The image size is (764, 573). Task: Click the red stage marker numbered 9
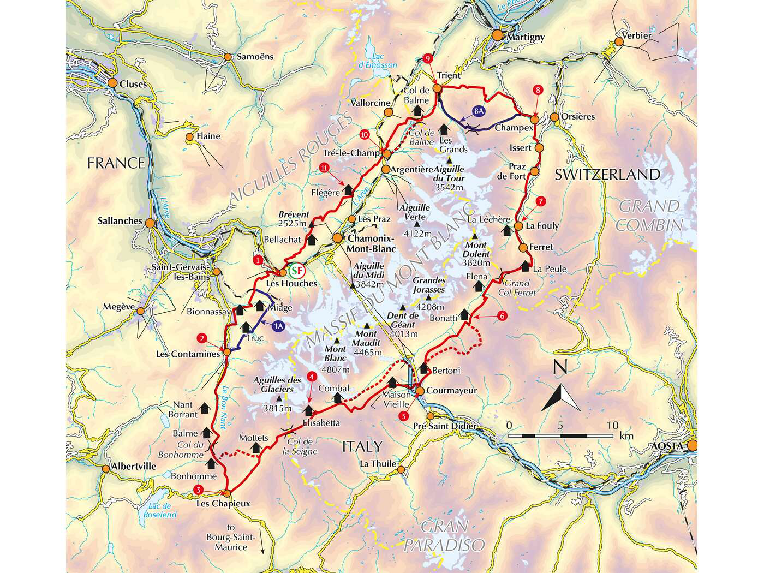(x=428, y=58)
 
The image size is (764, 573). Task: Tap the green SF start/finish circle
(x=296, y=270)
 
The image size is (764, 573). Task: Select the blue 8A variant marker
(x=479, y=111)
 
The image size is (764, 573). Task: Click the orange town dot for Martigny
(x=497, y=35)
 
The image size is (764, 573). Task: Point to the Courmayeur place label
(x=451, y=391)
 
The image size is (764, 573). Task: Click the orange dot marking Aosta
(x=692, y=446)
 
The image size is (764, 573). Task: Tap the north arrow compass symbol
(x=561, y=392)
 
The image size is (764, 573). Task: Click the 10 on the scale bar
(x=612, y=426)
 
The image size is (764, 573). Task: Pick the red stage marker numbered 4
(x=311, y=376)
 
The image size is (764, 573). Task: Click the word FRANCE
(x=116, y=163)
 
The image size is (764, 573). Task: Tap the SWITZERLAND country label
(x=607, y=175)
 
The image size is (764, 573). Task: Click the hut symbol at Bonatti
(x=464, y=314)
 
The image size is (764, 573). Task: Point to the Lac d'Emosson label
(x=378, y=61)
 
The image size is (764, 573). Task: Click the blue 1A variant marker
(x=278, y=326)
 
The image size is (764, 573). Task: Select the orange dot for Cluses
(x=112, y=83)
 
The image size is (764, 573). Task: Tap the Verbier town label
(x=636, y=36)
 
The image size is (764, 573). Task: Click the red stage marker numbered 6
(x=502, y=315)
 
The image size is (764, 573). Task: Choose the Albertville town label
(x=134, y=467)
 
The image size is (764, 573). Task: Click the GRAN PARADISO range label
(x=444, y=536)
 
